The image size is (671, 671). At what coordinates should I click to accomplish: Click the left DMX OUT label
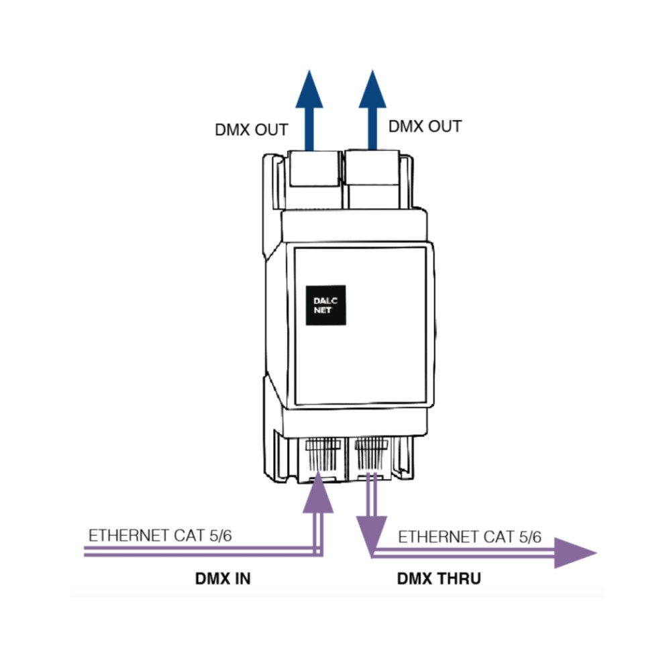coord(252,130)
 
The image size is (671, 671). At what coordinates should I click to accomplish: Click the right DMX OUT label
coord(425,126)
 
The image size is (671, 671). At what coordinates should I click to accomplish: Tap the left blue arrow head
coord(309,91)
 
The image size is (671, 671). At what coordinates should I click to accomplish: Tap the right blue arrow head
coord(372,91)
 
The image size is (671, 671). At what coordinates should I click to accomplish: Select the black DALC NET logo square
coord(325,306)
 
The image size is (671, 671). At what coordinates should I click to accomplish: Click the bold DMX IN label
coord(223,578)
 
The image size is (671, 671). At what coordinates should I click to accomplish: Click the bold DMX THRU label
coord(439,578)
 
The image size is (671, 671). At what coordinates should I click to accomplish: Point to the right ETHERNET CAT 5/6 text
coord(470,537)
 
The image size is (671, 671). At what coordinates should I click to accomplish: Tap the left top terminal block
coord(313,174)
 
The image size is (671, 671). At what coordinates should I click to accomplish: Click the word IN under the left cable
coord(242,578)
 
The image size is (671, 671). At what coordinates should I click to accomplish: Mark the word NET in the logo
coord(322,311)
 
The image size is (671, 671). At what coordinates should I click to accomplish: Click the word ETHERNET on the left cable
coord(127,536)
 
